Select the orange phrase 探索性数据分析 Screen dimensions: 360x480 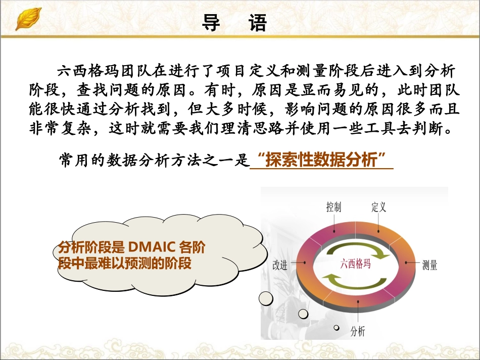[321, 161]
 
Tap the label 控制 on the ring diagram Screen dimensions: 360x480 [333, 207]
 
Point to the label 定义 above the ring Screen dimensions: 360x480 [378, 207]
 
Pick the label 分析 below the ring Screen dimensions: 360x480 [357, 331]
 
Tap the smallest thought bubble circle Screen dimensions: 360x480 [335, 328]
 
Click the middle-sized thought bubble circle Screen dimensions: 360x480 [303, 314]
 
